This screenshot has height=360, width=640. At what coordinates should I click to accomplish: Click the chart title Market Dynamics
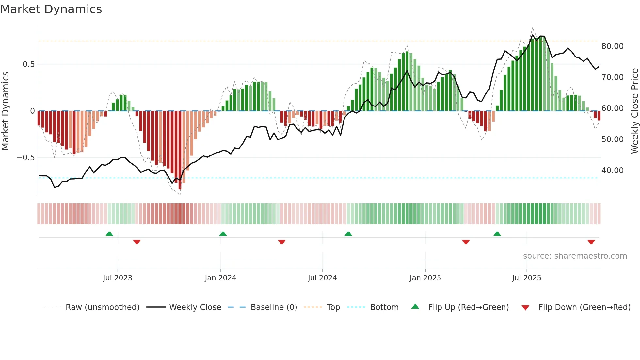51,9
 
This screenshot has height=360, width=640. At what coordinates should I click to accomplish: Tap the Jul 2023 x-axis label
118,278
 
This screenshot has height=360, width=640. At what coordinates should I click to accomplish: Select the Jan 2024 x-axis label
220,278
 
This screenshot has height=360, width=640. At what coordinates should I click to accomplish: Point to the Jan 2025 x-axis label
425,278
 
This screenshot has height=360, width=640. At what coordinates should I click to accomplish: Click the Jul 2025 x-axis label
526,278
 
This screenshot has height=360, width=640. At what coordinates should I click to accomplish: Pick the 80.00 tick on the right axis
612,46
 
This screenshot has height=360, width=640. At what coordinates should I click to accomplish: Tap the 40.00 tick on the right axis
612,171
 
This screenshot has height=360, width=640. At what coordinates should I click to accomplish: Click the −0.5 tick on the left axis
26,158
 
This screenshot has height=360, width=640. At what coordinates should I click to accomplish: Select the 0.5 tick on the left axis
28,64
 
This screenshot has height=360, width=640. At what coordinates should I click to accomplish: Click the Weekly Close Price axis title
634,111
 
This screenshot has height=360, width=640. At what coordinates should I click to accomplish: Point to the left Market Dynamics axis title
5,111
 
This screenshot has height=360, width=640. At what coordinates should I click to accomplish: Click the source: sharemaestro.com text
575,256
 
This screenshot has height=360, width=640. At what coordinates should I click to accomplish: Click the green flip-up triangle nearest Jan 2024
223,234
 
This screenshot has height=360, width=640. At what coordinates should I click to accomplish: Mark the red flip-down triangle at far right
591,242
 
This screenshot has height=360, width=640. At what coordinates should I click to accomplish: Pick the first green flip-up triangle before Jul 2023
109,234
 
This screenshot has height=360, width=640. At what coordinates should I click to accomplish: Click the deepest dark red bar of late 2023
180,150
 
